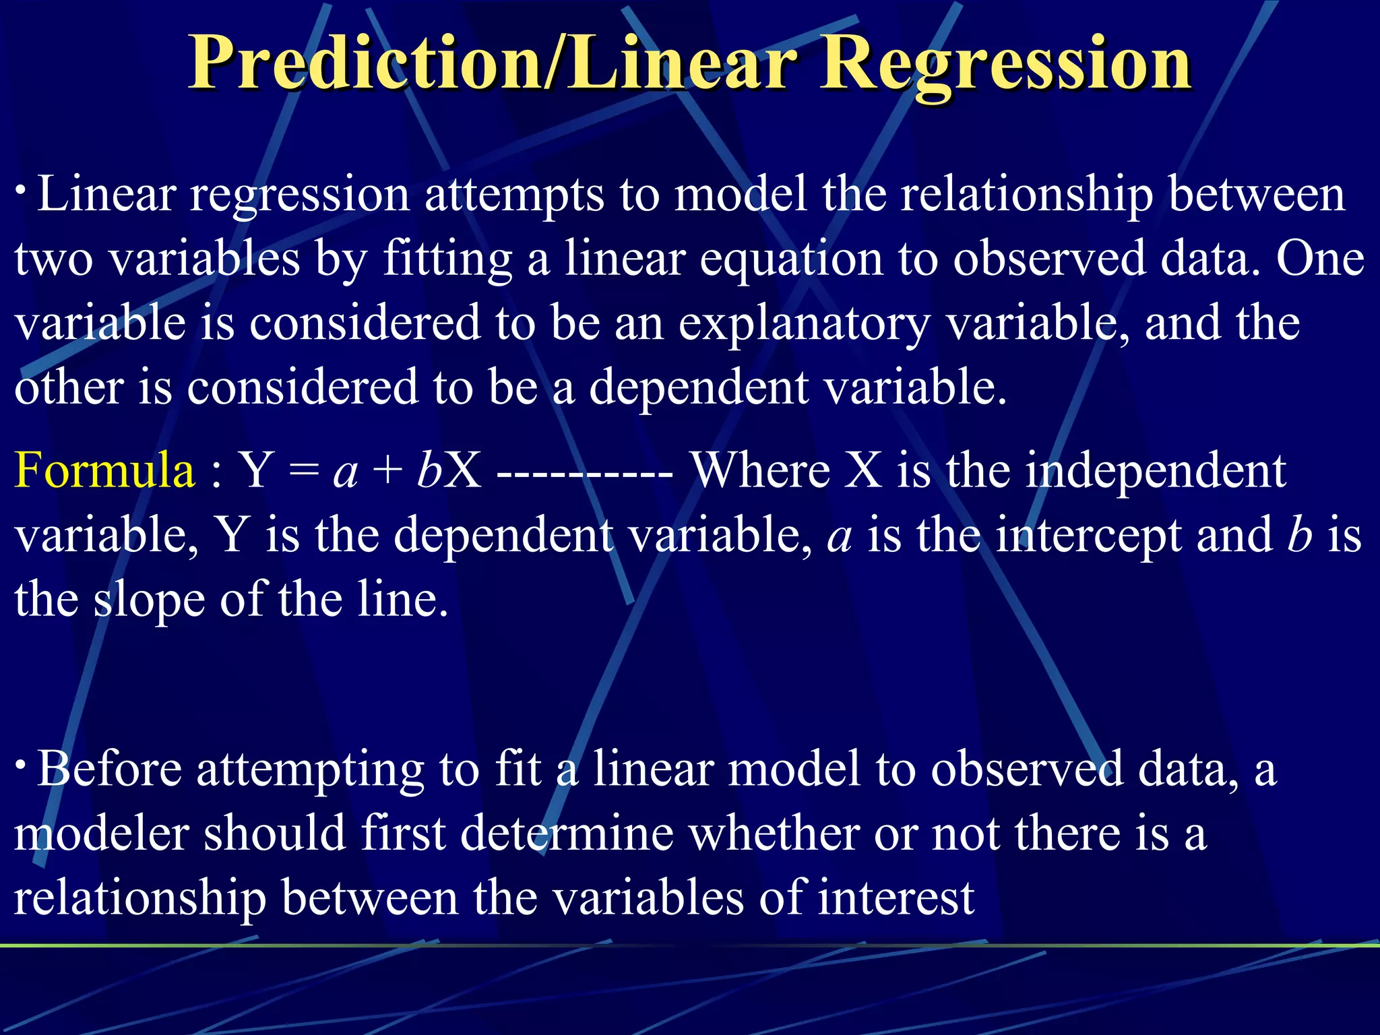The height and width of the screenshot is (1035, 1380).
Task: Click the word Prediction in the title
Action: point(367,64)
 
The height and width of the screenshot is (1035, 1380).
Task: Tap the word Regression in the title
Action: point(1004,64)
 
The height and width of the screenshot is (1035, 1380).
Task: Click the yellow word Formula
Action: point(104,470)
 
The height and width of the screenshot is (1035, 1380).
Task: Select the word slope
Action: point(149,600)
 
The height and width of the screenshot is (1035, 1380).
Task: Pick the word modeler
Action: point(101,834)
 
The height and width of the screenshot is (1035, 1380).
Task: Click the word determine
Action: point(567,834)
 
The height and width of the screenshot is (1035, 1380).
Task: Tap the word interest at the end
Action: point(896,898)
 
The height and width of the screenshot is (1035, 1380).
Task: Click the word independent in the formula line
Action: point(1156,470)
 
